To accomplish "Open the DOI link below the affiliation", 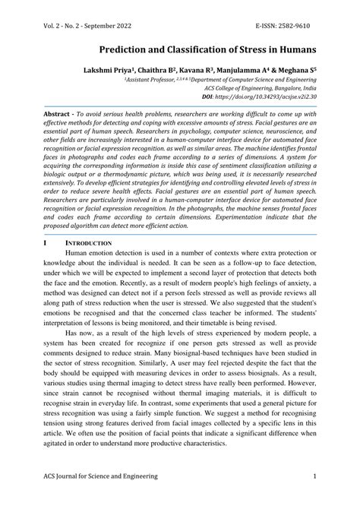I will click(x=264, y=98).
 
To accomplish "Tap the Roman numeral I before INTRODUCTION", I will click(x=46, y=243).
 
